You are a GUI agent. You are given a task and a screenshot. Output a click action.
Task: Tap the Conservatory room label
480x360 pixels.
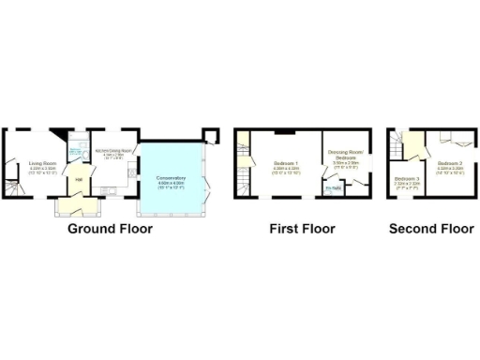(x=172, y=178)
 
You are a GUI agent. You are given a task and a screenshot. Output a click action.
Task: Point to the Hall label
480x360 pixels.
(x=80, y=178)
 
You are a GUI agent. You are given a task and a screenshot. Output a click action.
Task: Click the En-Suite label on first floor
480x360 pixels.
(x=333, y=188)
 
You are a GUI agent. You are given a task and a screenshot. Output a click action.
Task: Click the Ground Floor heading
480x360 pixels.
(x=109, y=228)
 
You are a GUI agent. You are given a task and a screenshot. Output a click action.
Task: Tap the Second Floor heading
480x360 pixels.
(x=430, y=228)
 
